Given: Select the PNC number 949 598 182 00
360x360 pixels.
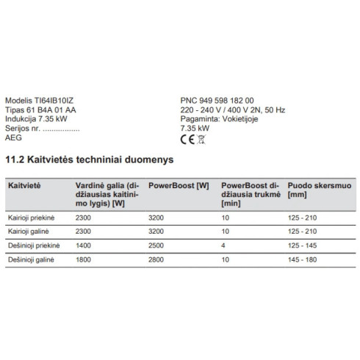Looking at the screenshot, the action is click(228, 101).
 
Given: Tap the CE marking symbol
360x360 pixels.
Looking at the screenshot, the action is click(186, 136).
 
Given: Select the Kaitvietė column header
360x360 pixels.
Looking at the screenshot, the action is click(24, 187).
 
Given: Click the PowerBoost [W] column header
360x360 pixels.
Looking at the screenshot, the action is click(177, 187).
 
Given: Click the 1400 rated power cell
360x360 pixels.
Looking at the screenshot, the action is click(83, 245).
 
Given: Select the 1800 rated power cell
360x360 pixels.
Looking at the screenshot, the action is click(83, 259).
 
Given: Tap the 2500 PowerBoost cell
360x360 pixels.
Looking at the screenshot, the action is click(156, 245).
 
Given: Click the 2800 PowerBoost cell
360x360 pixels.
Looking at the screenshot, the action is click(156, 259).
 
